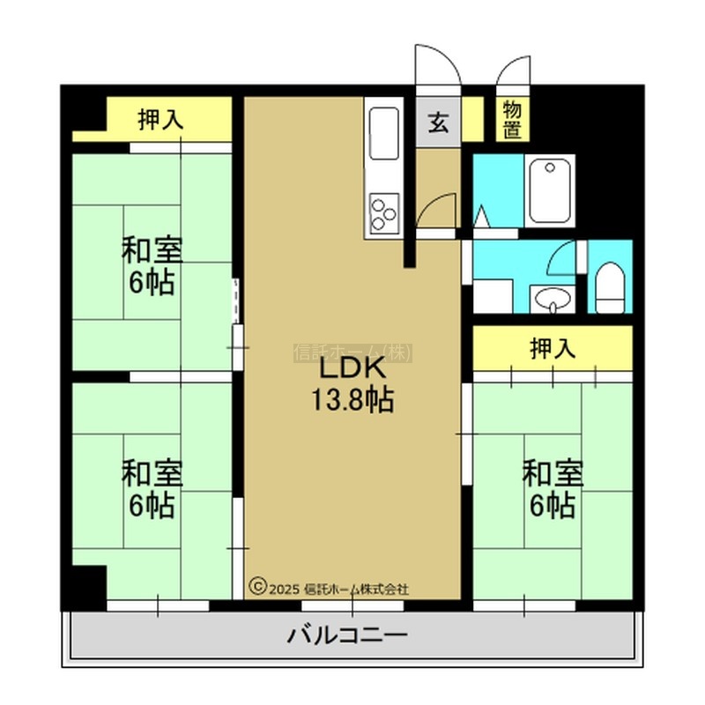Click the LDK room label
(x=352, y=368)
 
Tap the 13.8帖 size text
(x=353, y=399)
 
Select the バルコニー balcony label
(x=347, y=635)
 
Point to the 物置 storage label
(x=512, y=120)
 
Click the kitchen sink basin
(x=383, y=133)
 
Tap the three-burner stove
(x=384, y=213)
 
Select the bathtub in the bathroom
(x=549, y=190)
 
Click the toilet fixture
(x=610, y=288)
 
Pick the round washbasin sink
(x=553, y=298)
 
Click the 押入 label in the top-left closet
(x=160, y=120)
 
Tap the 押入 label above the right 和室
(x=553, y=348)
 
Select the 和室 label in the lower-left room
(x=152, y=473)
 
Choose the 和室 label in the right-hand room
(x=553, y=473)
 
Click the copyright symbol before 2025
(x=257, y=587)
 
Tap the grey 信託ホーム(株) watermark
(x=353, y=353)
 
